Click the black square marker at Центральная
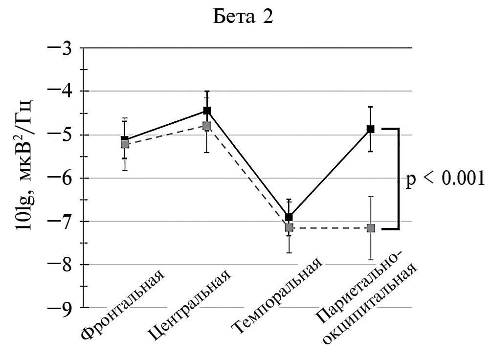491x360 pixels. (x=207, y=111)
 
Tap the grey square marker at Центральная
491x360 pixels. (x=206, y=126)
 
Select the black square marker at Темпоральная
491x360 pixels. (x=289, y=217)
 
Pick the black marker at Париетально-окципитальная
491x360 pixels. (x=370, y=129)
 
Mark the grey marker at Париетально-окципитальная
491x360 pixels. (x=370, y=228)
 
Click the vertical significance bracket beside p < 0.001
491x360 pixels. (x=399, y=179)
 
